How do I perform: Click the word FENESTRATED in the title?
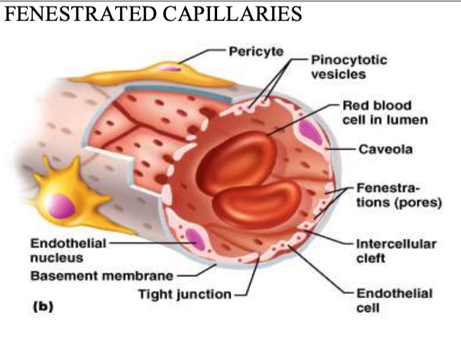[x=80, y=13]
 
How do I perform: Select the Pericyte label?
[x=256, y=51]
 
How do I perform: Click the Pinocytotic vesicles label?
[x=349, y=67]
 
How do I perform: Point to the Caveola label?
[x=385, y=149]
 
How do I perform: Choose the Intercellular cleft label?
[x=396, y=251]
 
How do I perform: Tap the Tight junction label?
[x=185, y=294]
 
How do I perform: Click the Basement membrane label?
[x=102, y=276]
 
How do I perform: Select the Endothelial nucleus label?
[x=68, y=250]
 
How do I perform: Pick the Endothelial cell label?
[x=394, y=301]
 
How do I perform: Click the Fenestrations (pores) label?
[x=399, y=195]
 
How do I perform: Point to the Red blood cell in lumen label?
[x=385, y=112]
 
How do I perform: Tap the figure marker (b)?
[x=43, y=307]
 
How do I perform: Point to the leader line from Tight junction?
[x=250, y=275]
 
